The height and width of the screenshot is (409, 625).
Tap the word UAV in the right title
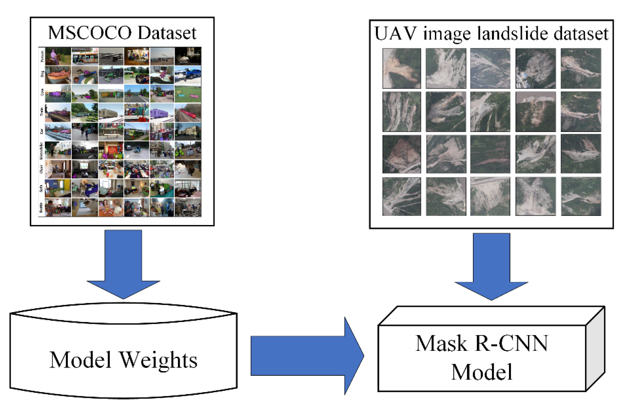coord(395,34)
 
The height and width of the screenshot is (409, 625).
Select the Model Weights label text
coord(123,360)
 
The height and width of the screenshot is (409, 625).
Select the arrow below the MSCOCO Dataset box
coord(123,263)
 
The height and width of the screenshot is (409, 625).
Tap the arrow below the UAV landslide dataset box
coord(491,265)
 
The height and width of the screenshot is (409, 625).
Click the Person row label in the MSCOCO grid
coord(42,56)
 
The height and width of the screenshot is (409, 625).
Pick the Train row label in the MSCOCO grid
coord(42,112)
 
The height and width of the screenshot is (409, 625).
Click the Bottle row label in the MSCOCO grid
coord(41,208)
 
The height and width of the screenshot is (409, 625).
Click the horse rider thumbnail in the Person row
coord(58,56)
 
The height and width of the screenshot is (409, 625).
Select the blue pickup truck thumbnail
coord(188,75)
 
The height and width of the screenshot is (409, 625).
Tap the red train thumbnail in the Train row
coord(188,112)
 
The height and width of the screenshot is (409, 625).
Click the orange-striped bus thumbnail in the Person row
coord(85,56)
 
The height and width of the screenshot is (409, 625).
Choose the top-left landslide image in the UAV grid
coord(402,68)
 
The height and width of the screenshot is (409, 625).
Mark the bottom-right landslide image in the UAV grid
coord(581,197)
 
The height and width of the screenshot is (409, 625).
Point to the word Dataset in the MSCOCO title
coord(167,33)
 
